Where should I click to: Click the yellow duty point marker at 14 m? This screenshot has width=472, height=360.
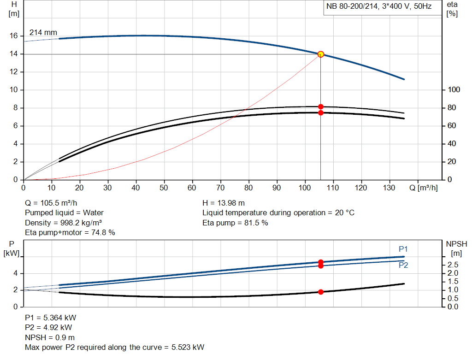click(x=321, y=54)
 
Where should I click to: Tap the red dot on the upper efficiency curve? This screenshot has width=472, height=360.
click(x=321, y=106)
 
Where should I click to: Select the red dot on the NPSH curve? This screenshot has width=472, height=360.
click(x=321, y=292)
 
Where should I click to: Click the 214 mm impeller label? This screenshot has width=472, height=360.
click(x=43, y=33)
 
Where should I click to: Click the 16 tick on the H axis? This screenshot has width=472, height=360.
click(x=13, y=36)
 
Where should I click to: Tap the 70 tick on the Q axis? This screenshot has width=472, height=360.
click(x=221, y=188)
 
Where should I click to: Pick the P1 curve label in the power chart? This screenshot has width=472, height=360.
click(x=403, y=249)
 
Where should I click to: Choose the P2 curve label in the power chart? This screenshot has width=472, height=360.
click(x=403, y=266)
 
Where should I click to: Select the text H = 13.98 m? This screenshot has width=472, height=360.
click(x=224, y=203)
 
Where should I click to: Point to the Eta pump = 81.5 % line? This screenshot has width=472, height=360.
click(x=235, y=223)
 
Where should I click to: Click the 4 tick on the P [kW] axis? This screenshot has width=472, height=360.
click(x=15, y=273)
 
